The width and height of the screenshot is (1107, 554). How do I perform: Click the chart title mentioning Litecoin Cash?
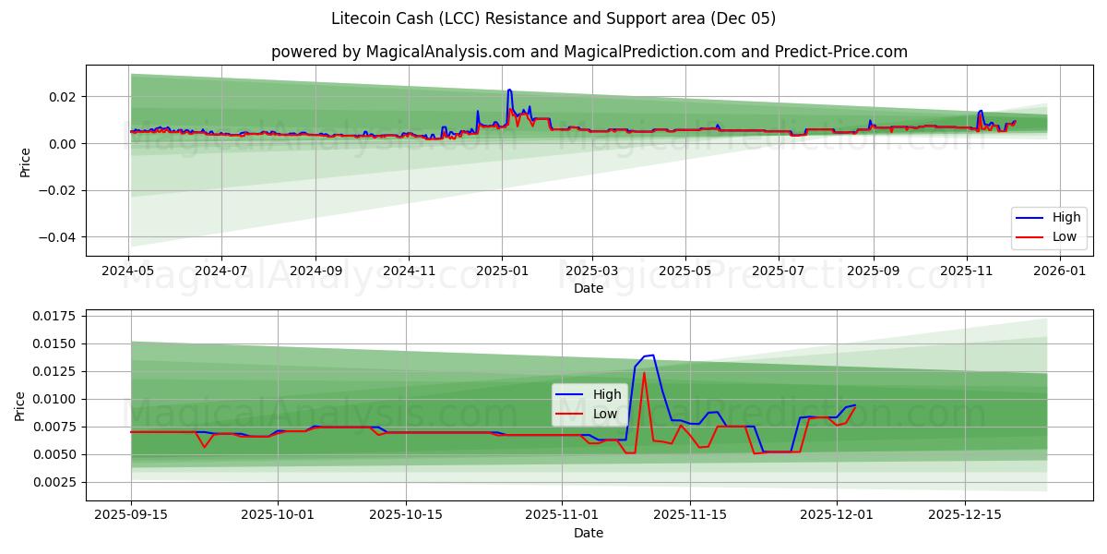(x=553, y=18)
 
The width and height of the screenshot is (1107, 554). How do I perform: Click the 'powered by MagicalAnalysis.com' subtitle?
(x=589, y=52)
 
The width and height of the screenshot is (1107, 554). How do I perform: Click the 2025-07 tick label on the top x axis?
(x=778, y=271)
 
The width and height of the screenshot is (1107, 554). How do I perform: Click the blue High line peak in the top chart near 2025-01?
(x=509, y=90)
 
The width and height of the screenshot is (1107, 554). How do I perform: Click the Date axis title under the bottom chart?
(x=589, y=533)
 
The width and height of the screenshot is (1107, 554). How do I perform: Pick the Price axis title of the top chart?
(x=26, y=162)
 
